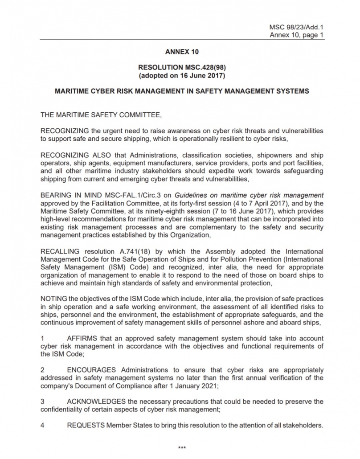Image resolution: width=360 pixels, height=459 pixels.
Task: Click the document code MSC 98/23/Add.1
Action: (x=296, y=27)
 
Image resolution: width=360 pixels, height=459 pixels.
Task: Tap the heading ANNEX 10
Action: (x=182, y=52)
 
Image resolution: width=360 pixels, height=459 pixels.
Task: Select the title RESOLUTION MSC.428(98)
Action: (x=182, y=68)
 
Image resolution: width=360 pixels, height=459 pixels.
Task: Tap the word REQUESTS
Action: (x=86, y=425)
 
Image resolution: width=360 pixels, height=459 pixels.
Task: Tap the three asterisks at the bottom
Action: (x=182, y=447)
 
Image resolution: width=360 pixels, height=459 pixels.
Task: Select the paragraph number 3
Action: (x=42, y=402)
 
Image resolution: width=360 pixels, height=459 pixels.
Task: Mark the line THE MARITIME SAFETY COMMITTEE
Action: (x=101, y=115)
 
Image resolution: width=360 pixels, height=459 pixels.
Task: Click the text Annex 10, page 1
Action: (x=296, y=35)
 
